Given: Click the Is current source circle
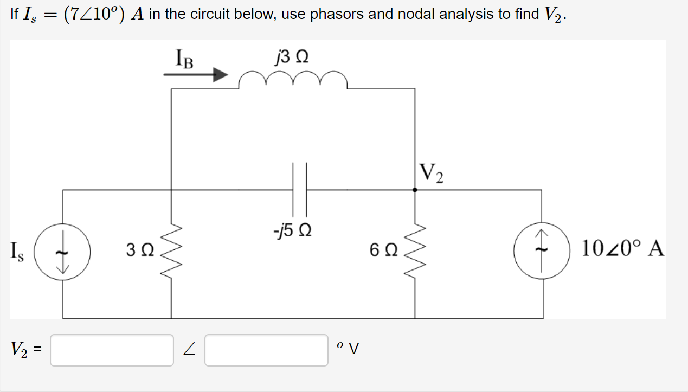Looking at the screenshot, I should (63, 253).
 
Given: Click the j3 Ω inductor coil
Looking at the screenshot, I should (293, 80).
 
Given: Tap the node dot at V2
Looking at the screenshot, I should (415, 190).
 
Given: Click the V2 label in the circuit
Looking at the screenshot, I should (432, 173).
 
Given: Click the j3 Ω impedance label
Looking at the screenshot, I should (292, 56).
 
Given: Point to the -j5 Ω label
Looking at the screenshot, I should (292, 231).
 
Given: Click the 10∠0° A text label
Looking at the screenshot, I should (623, 249).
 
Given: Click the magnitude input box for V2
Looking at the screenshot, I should (112, 350).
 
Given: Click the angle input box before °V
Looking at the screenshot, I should (266, 350).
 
